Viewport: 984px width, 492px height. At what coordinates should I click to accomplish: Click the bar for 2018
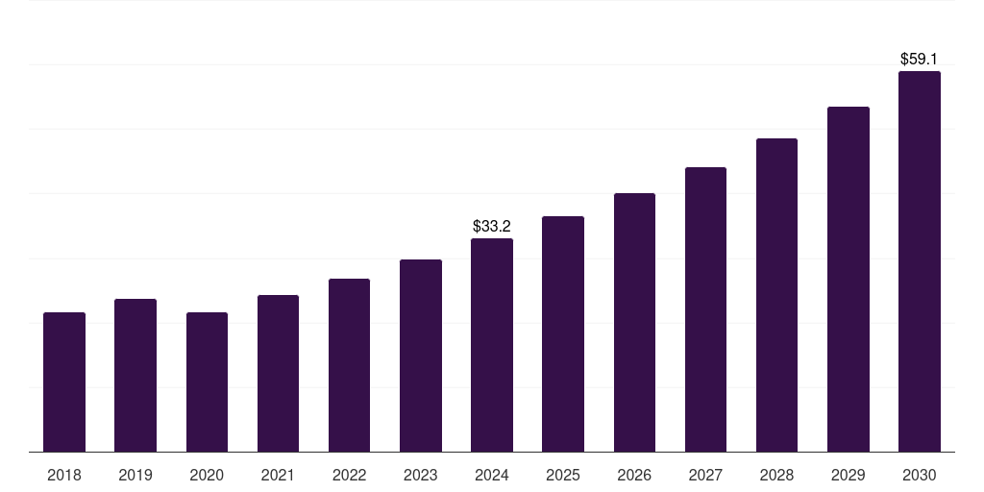point(64,382)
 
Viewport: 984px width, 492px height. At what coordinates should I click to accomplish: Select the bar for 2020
point(207,382)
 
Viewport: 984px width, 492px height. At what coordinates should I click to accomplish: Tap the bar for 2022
point(349,365)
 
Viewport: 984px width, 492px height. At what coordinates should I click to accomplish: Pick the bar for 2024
point(492,345)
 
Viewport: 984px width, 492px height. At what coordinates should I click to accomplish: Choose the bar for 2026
point(634,323)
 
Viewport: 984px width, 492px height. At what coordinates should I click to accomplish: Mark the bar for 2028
point(776,295)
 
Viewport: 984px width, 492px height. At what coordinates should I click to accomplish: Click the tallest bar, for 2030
point(920,261)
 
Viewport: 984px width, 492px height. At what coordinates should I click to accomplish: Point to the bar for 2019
point(135,376)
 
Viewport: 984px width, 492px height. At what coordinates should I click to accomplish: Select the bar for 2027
point(705,309)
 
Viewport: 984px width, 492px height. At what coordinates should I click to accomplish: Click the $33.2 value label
point(492,227)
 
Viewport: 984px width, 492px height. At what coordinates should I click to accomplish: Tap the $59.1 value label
point(920,60)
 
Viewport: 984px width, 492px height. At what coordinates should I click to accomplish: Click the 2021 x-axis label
point(278,475)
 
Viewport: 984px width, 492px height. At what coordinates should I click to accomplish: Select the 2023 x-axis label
point(421,475)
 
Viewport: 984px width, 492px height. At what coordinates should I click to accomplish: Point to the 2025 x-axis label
point(563,475)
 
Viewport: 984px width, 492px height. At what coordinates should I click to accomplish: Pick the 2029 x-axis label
point(849,475)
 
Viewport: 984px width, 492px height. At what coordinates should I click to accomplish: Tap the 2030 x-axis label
point(920,475)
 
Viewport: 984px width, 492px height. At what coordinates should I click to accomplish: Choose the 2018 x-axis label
point(64,475)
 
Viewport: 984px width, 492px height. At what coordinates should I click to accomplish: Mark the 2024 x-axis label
point(492,475)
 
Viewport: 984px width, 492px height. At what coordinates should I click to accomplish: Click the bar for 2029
point(849,280)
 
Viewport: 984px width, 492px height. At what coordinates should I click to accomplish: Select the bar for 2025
point(563,334)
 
